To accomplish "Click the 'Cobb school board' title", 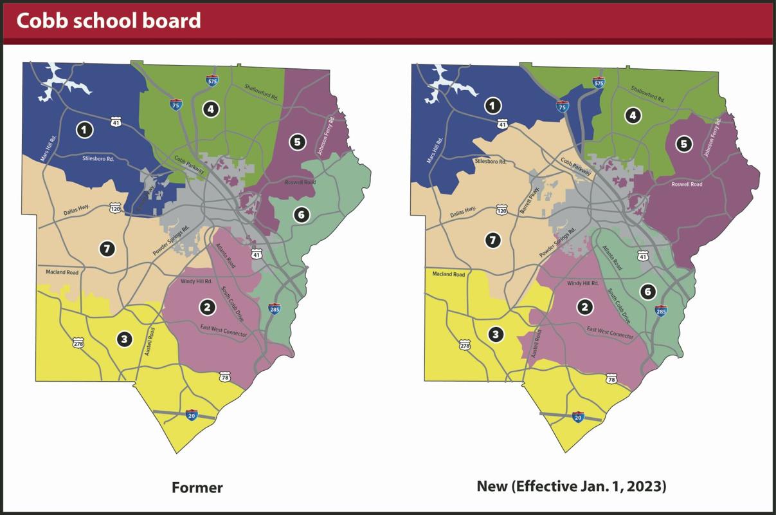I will click(x=108, y=21).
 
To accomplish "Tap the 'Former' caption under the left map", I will click(x=197, y=487).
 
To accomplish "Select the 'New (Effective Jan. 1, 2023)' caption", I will click(x=571, y=486).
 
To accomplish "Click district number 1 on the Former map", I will click(x=84, y=130).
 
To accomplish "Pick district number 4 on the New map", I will click(x=633, y=115).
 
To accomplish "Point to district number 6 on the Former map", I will click(x=301, y=214).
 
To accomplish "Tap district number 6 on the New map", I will click(x=647, y=292).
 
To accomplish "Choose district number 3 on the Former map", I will click(x=124, y=339).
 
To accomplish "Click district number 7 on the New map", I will click(x=493, y=240).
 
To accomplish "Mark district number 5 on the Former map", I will click(x=296, y=142).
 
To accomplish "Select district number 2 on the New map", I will click(x=584, y=306).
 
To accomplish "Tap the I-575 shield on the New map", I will click(x=599, y=82).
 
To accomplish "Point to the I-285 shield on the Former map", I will click(x=275, y=308).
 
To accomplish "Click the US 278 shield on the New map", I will click(x=465, y=346).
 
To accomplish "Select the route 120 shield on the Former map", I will click(x=115, y=208).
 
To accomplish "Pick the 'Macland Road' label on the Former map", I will click(x=62, y=272).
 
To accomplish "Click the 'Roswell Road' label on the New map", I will click(x=687, y=184).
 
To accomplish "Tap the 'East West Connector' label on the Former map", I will click(x=223, y=330).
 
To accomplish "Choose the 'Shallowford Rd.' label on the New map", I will click(x=647, y=95).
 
